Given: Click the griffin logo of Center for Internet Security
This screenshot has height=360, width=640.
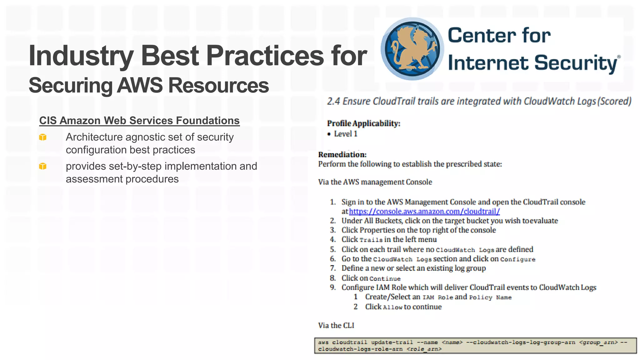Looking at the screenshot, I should [x=412, y=49].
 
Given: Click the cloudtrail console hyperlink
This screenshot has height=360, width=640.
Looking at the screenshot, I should [x=424, y=212].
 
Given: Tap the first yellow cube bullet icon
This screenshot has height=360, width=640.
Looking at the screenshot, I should [x=43, y=137].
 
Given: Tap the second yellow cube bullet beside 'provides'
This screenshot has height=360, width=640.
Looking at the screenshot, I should [x=43, y=166].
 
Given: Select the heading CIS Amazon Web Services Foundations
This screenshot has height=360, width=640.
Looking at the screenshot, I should [x=139, y=121].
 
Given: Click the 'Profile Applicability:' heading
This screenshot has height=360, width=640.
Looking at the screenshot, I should [x=363, y=123].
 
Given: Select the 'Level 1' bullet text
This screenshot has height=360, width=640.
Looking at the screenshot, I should [x=345, y=134].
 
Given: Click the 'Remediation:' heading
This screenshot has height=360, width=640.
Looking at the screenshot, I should [x=342, y=155].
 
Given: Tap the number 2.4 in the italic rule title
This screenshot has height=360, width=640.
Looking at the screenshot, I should [x=333, y=102].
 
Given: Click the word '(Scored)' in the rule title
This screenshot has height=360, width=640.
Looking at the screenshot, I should [x=614, y=102].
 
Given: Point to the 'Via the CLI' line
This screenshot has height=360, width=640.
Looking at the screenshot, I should [x=336, y=326].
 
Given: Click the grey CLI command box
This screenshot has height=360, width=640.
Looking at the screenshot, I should [x=475, y=346].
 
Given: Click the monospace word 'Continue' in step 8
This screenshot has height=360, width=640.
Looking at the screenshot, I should [x=385, y=279].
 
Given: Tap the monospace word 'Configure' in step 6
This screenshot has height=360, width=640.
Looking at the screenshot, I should [x=517, y=260].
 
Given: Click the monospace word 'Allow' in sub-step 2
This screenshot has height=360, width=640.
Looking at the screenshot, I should [x=392, y=307].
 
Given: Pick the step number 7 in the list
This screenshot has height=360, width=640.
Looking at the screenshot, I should [x=333, y=268].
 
